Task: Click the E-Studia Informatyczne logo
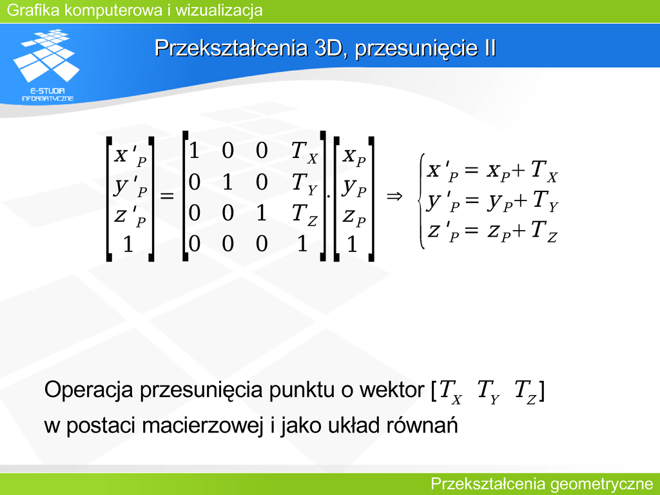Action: click(x=46, y=65)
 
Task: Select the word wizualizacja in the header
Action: click(x=219, y=10)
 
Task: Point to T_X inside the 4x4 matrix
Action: click(x=304, y=152)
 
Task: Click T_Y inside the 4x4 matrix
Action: click(x=304, y=184)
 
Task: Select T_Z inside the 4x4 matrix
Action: click(x=304, y=215)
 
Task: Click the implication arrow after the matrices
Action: click(x=394, y=196)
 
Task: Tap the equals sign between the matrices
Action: click(x=167, y=196)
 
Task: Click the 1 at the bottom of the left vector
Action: click(x=128, y=244)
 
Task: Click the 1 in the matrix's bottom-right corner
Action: click(x=302, y=243)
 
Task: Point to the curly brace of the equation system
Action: click(x=422, y=201)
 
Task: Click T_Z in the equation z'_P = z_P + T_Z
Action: click(x=544, y=232)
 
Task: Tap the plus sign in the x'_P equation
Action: click(x=519, y=170)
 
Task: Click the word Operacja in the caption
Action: click(x=90, y=390)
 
